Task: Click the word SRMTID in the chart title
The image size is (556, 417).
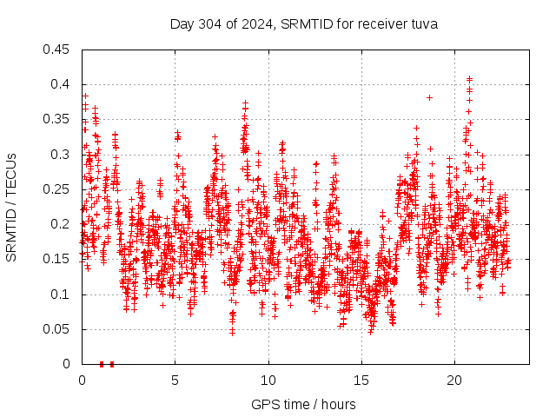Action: pyautogui.click(x=302, y=24)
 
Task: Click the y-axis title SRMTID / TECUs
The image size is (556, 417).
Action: pyautogui.click(x=11, y=207)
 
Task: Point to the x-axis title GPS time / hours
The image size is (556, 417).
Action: pyautogui.click(x=303, y=404)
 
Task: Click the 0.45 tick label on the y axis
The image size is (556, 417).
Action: pyautogui.click(x=57, y=50)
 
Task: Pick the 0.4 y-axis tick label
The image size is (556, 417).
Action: pyautogui.click(x=61, y=84)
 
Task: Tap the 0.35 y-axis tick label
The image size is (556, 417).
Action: pyautogui.click(x=57, y=119)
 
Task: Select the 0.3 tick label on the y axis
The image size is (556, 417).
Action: pyautogui.click(x=61, y=155)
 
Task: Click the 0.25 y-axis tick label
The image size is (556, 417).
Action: pyautogui.click(x=57, y=189)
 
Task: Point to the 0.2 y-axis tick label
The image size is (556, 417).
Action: pyautogui.click(x=61, y=224)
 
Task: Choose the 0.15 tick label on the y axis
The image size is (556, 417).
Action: pyautogui.click(x=57, y=259)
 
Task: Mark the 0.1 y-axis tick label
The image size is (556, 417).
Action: pyautogui.click(x=61, y=295)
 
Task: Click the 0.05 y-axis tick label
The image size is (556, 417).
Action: pyautogui.click(x=57, y=329)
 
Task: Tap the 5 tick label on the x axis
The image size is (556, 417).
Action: pyautogui.click(x=175, y=380)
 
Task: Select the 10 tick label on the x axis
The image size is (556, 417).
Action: pyautogui.click(x=268, y=380)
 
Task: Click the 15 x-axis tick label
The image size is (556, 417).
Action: pyautogui.click(x=361, y=380)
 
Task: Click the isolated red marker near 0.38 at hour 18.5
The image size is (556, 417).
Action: pyautogui.click(x=429, y=97)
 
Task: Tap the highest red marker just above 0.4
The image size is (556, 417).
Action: pyautogui.click(x=470, y=79)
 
